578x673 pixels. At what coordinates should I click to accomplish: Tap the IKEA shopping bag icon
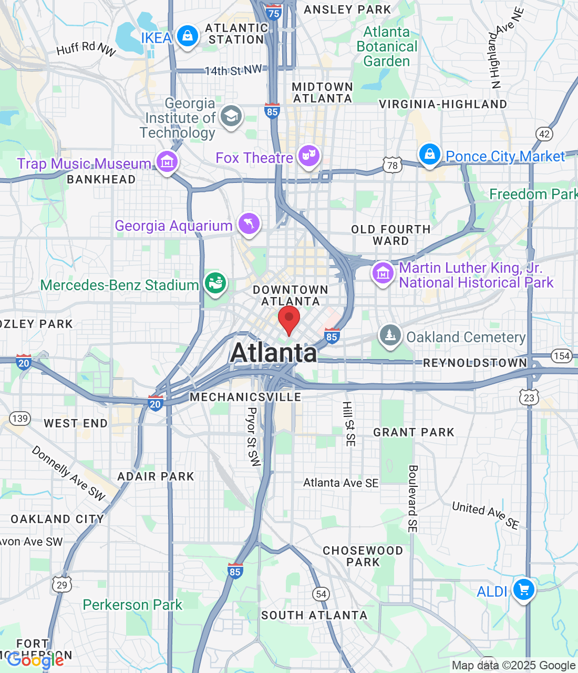tap(187, 36)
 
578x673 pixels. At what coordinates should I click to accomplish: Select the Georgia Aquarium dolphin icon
tap(249, 223)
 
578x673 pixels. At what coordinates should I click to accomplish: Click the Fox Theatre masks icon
tap(309, 156)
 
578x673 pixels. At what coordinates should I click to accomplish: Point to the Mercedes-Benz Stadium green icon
tap(215, 283)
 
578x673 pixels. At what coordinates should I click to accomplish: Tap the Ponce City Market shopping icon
tap(429, 155)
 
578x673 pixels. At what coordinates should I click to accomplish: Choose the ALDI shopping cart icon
tap(523, 589)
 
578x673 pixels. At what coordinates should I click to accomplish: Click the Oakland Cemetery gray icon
tap(390, 335)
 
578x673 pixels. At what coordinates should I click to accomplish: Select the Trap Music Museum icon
tap(167, 162)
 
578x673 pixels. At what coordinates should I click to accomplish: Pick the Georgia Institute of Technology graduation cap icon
tap(231, 116)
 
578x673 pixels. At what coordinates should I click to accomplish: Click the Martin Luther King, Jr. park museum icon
tap(383, 273)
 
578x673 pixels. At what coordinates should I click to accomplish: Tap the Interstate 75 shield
tap(274, 13)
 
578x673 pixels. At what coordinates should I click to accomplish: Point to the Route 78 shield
tap(393, 165)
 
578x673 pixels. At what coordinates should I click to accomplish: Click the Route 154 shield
tap(561, 356)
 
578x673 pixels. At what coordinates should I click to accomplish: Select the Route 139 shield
tap(20, 419)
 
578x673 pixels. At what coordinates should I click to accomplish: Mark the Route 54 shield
tap(321, 594)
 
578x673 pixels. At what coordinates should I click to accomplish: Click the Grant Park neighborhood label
tap(414, 432)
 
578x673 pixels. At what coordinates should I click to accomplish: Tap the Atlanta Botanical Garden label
tap(387, 46)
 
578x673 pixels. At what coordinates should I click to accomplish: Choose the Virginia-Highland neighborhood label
tap(443, 104)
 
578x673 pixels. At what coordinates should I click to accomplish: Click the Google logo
tap(36, 660)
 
